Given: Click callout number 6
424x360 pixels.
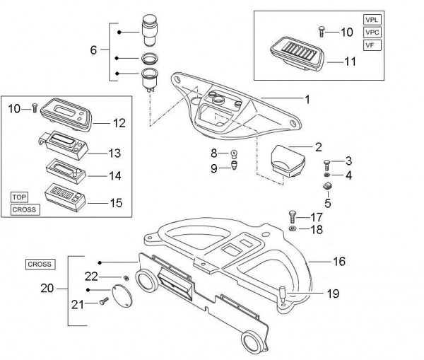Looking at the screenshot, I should click(93, 51).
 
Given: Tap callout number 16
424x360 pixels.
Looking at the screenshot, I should click(339, 262).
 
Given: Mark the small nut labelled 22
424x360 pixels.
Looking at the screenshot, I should click(126, 277).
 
